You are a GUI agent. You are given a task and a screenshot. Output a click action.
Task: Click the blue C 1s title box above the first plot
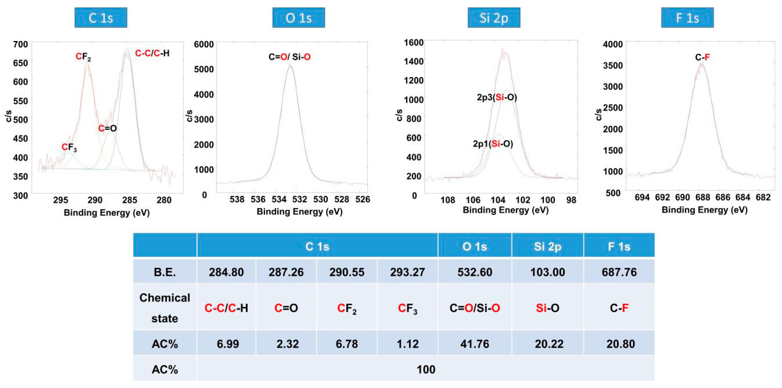click(101, 18)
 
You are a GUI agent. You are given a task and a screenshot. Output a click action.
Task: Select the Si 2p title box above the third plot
click(494, 18)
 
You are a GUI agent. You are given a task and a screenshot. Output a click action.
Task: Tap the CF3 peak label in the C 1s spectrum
click(69, 147)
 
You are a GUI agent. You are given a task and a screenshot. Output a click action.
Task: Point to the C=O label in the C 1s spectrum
click(108, 128)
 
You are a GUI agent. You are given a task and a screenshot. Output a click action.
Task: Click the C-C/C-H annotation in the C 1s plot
click(152, 53)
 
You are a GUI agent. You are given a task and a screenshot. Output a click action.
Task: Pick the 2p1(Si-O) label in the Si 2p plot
click(493, 144)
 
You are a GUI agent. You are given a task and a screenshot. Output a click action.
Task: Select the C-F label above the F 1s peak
click(702, 57)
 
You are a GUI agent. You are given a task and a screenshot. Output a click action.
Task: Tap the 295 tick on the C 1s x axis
click(60, 200)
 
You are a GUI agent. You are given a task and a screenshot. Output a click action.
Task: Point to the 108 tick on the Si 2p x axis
click(448, 200)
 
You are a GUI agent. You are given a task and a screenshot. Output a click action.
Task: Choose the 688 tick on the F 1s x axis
click(703, 198)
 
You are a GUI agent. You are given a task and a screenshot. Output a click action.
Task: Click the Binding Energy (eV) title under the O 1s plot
click(299, 212)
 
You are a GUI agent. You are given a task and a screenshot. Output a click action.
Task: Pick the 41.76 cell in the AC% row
click(474, 344)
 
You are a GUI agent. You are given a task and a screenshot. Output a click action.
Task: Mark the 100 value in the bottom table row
click(426, 369)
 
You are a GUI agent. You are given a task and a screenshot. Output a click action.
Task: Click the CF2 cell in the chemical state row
click(347, 308)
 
